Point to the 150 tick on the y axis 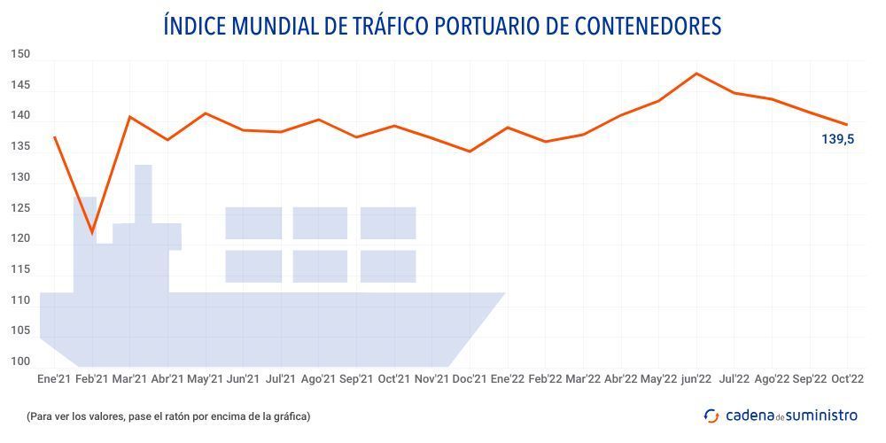click(x=20, y=55)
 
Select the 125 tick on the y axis click(x=20, y=208)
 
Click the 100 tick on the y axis click(x=20, y=361)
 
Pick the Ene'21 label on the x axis click(x=54, y=379)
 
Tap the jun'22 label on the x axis click(x=696, y=379)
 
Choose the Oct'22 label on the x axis click(x=848, y=379)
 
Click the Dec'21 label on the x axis click(x=470, y=379)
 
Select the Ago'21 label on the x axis click(x=318, y=379)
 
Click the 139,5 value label click(x=838, y=139)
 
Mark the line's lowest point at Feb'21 click(x=92, y=234)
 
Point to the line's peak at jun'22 click(x=696, y=74)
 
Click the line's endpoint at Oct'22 click(x=848, y=124)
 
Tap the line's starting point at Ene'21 click(x=54, y=136)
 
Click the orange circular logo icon click(x=711, y=416)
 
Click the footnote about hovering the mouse click(x=168, y=416)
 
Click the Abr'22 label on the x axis click(x=620, y=379)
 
